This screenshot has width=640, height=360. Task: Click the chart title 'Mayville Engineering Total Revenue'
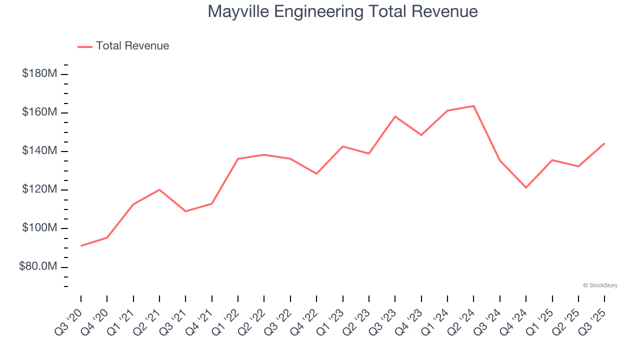pyautogui.click(x=342, y=11)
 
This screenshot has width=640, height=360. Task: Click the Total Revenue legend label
pyautogui.click(x=132, y=46)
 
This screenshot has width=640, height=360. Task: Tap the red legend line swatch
pyautogui.click(x=85, y=46)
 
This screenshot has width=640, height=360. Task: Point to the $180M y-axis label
pyautogui.click(x=39, y=74)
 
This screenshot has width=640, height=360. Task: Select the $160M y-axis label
pyautogui.click(x=39, y=112)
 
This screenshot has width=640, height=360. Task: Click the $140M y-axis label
pyautogui.click(x=39, y=151)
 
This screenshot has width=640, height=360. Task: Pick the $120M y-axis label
pyautogui.click(x=39, y=189)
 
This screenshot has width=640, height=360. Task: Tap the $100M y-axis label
pyautogui.click(x=39, y=228)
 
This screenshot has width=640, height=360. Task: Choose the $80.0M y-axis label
pyautogui.click(x=38, y=267)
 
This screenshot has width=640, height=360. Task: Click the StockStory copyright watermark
pyautogui.click(x=600, y=285)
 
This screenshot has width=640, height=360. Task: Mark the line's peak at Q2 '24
pyautogui.click(x=473, y=106)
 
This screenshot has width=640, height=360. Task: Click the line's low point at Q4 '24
pyautogui.click(x=526, y=187)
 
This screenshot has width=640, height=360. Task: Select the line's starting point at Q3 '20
pyautogui.click(x=81, y=245)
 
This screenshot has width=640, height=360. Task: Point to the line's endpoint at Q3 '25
pyautogui.click(x=604, y=143)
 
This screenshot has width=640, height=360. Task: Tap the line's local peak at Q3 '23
pyautogui.click(x=395, y=116)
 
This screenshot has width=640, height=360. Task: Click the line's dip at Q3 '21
pyautogui.click(x=185, y=211)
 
